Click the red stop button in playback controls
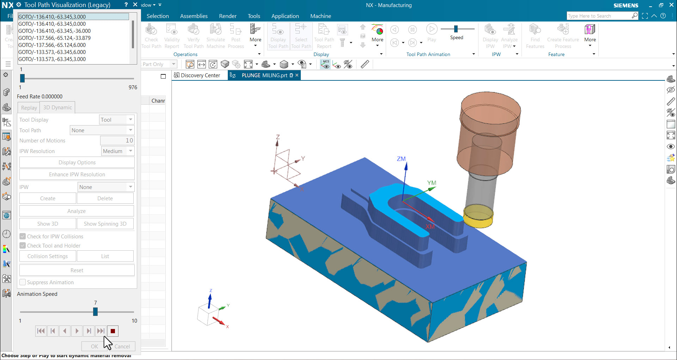click(x=113, y=331)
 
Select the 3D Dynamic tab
click(x=57, y=108)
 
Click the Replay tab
click(x=29, y=108)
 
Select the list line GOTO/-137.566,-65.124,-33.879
click(x=54, y=38)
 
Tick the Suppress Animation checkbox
click(x=23, y=282)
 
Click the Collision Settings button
click(x=48, y=256)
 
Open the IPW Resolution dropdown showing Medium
click(x=117, y=151)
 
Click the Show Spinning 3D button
click(x=105, y=224)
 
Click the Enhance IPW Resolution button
click(x=77, y=175)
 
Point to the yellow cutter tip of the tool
click(x=478, y=216)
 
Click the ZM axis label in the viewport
click(x=401, y=159)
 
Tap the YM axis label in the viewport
click(x=432, y=183)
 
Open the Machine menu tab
click(x=321, y=16)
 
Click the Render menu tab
click(x=227, y=16)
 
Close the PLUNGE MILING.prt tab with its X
click(x=297, y=75)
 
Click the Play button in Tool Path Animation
click(x=432, y=29)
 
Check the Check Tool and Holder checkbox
click(x=23, y=246)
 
